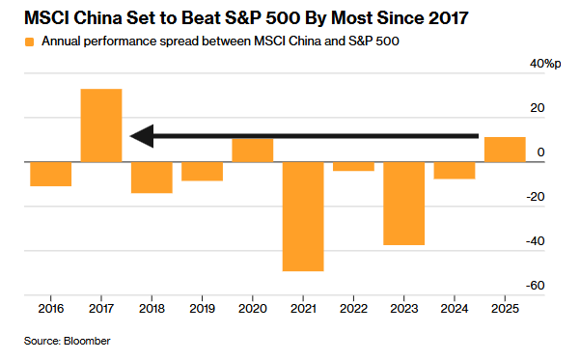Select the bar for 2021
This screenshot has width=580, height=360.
click(x=303, y=216)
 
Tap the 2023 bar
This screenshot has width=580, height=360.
click(x=403, y=203)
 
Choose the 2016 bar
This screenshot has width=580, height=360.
click(x=51, y=173)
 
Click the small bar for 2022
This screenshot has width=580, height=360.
click(x=353, y=166)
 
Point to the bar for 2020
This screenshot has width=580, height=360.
click(x=252, y=150)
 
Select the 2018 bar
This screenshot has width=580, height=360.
click(x=152, y=177)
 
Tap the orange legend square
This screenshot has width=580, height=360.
click(x=30, y=42)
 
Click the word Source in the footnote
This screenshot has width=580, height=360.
click(x=42, y=341)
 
